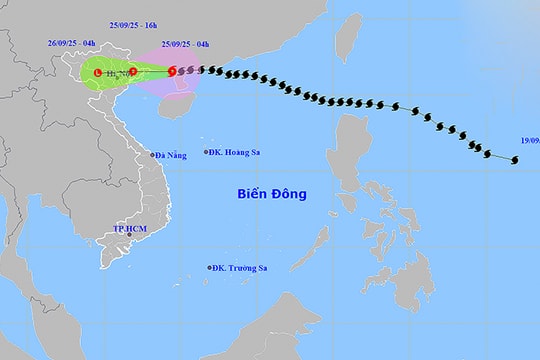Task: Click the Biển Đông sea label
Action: pyautogui.click(x=272, y=194)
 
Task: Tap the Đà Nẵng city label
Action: pyautogui.click(x=172, y=155)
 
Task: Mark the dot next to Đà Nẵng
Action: pyautogui.click(x=151, y=155)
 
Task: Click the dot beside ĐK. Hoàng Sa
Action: pyautogui.click(x=205, y=152)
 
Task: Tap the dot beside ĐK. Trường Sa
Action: pyautogui.click(x=212, y=267)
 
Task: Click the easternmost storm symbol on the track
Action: pyautogui.click(x=515, y=160)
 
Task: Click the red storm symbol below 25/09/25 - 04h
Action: pyautogui.click(x=172, y=71)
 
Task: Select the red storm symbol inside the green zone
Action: pyautogui.click(x=133, y=71)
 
